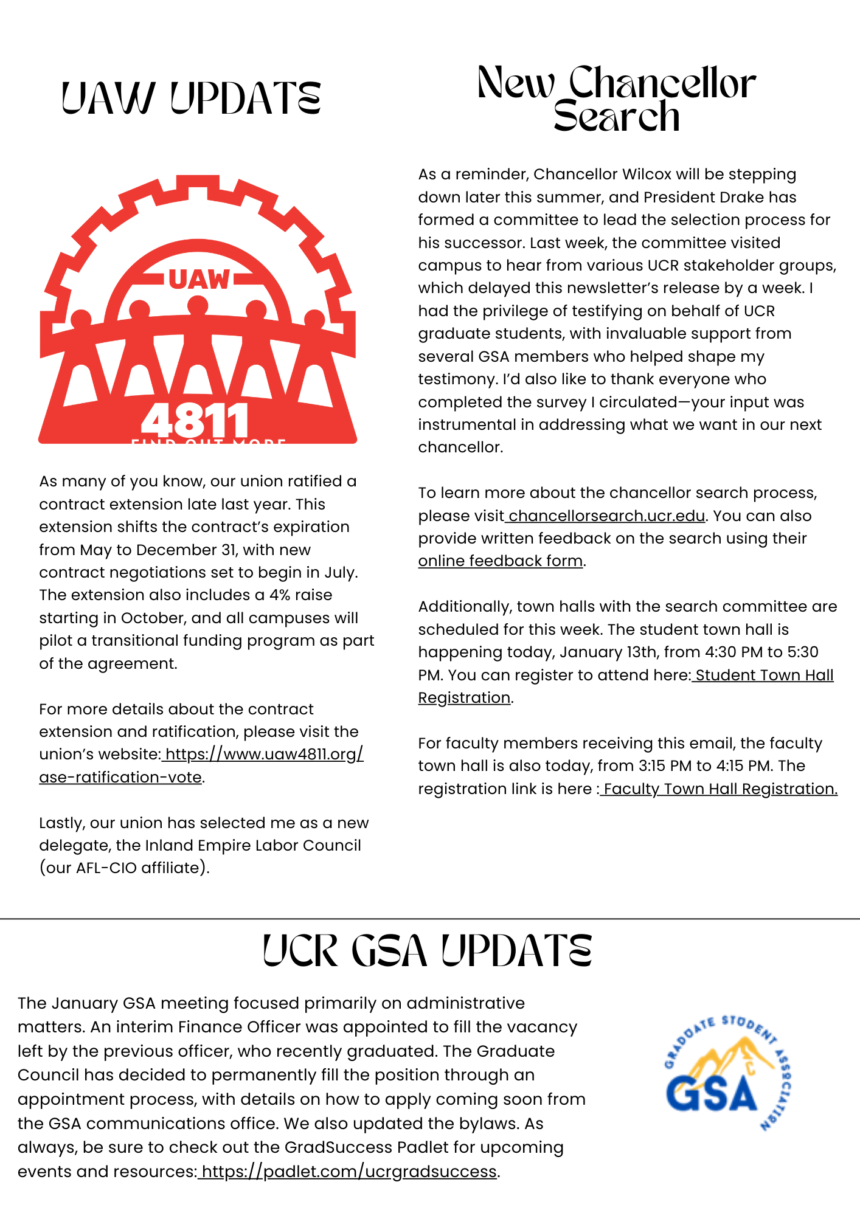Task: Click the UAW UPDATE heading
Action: [x=191, y=98]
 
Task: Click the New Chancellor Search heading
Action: [x=616, y=99]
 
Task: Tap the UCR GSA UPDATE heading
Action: [x=427, y=952]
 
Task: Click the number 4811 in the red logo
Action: [x=195, y=420]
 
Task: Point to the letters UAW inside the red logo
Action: [x=199, y=280]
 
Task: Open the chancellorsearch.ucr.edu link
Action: [x=606, y=516]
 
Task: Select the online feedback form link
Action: [x=500, y=561]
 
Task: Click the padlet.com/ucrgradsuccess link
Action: [x=349, y=1171]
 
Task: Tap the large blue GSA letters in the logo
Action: [x=711, y=1093]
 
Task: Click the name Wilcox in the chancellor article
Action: [x=647, y=174]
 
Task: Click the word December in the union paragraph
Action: [x=176, y=550]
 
